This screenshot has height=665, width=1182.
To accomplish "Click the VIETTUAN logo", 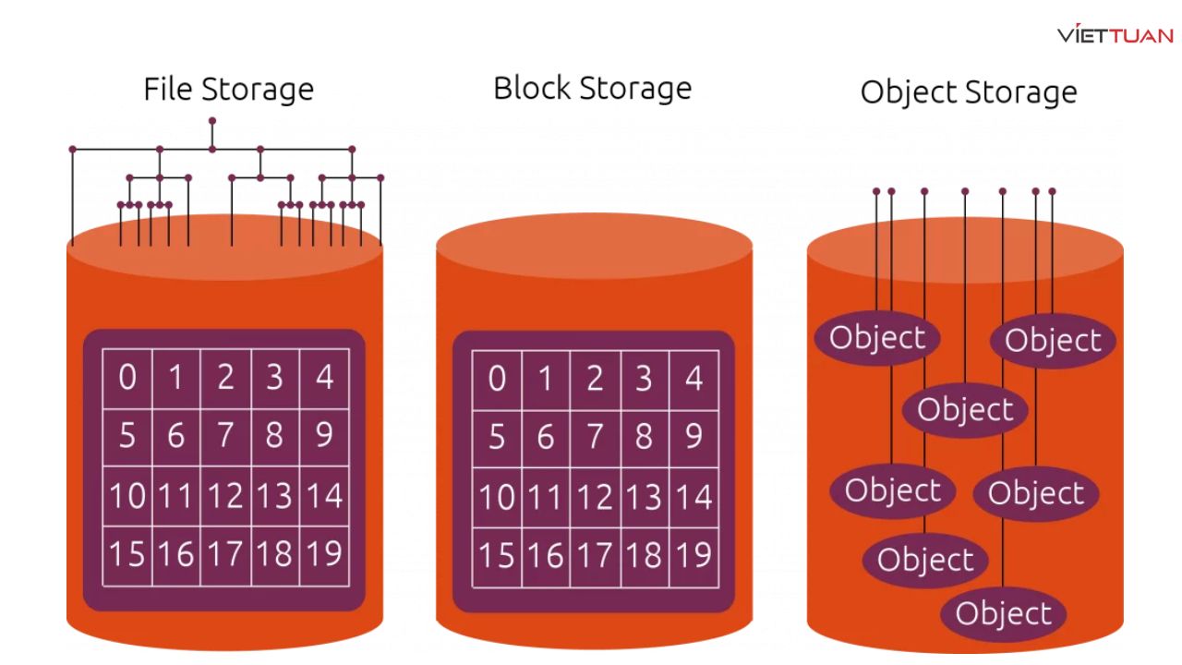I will pos(1116,35).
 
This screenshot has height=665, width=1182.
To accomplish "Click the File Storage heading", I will pos(228,90).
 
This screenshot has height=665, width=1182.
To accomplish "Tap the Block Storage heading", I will pos(592,88).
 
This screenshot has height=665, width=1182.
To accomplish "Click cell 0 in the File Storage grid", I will pos(127,378).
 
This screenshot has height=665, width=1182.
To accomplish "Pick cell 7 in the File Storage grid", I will pos(225,435).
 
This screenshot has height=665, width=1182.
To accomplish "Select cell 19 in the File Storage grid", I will pos(324,554).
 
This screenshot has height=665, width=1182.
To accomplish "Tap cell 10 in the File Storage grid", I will pos(127,496).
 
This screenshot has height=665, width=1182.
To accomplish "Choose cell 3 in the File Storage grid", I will pos(274,378).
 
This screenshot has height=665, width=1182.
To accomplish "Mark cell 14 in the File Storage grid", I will pos(324,496).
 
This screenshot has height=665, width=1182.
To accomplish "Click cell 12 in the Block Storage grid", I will pos(596,498).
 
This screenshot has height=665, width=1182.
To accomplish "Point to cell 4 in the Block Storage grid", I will pos(694,379).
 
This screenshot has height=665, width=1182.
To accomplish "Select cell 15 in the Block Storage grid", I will pos(497,556).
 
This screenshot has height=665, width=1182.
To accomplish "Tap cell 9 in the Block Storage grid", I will pos(694,437).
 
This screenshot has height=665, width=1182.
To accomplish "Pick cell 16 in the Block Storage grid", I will pos(546,556).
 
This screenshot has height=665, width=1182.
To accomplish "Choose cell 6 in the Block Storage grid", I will pos(546,437).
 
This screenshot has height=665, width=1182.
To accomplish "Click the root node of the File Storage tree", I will pos(212,121).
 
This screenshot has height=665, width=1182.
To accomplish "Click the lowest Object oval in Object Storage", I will pos(1003,614).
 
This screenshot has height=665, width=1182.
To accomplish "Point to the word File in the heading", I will pos(169,90).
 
